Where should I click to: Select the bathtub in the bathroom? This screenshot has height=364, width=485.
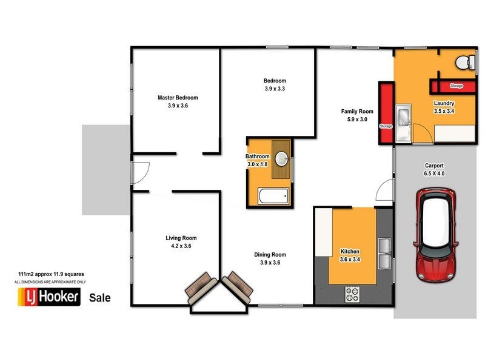tap(273, 197)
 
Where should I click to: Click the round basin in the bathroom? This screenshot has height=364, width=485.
tap(282, 159)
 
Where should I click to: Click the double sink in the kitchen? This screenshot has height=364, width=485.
tap(383, 254)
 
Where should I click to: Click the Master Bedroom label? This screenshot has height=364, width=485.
tap(178, 98)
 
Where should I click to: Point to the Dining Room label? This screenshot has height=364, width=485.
tap(270, 255)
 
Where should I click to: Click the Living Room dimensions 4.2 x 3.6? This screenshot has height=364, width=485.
tap(181, 246)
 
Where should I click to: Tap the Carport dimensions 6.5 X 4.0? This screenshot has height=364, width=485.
tap(434, 174)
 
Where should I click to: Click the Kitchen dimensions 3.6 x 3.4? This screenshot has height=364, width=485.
tap(350, 260)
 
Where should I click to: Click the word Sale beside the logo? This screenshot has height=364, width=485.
tap(99, 298)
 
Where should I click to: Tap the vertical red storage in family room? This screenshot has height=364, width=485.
tap(385, 113)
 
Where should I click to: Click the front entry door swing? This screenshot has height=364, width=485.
tap(139, 172)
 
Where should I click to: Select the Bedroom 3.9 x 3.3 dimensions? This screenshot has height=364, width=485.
tap(274, 89)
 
